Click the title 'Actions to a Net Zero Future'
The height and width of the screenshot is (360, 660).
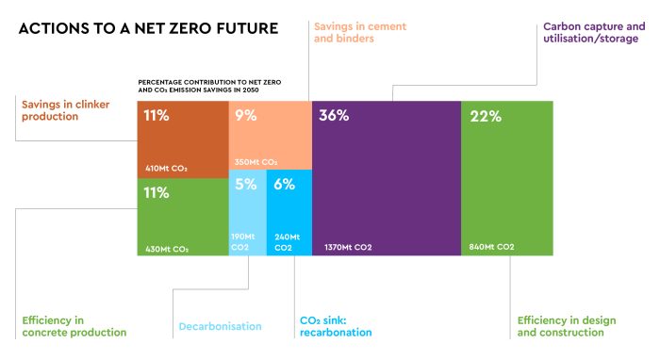click(148, 28)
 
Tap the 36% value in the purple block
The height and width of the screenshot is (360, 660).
click(334, 116)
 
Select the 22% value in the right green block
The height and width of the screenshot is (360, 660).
click(485, 116)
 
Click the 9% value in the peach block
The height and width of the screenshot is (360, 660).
click(246, 116)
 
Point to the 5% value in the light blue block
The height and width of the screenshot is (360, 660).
click(245, 185)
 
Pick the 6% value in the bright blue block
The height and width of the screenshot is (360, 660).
click(284, 185)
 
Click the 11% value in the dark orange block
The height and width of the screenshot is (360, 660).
click(156, 116)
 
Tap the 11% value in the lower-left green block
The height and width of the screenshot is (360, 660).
click(156, 193)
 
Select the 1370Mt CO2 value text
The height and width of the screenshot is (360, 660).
click(348, 247)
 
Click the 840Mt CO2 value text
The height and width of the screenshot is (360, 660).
click(491, 247)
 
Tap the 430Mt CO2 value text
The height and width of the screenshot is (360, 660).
click(167, 249)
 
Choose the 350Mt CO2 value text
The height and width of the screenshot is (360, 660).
click(256, 162)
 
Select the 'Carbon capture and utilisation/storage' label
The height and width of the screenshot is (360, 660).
click(594, 33)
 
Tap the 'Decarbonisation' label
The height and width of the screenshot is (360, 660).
click(220, 326)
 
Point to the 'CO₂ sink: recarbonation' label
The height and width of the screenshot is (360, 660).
click(335, 326)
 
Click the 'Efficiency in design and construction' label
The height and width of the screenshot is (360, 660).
click(566, 326)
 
